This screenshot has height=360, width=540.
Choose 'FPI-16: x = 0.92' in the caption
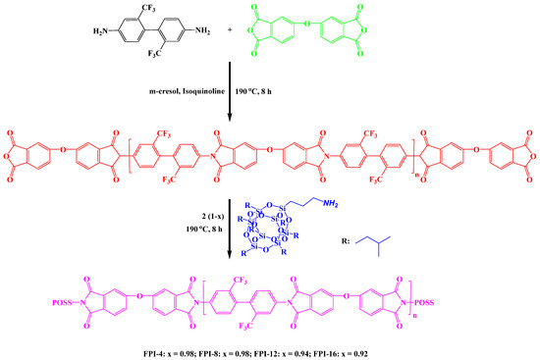coord(377,348)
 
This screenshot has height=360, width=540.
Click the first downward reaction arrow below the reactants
coord(230,93)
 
